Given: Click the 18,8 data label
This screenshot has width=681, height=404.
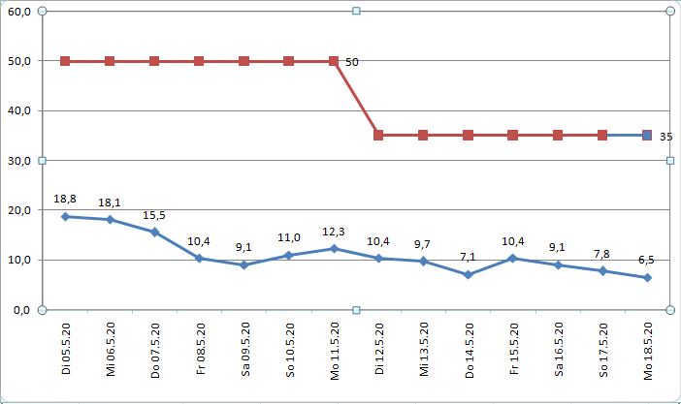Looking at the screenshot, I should [x=65, y=198].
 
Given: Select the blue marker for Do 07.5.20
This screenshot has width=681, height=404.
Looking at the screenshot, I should [x=154, y=233].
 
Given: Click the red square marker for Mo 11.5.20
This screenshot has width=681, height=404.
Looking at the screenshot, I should [x=334, y=61].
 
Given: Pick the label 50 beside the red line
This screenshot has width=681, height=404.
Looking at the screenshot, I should [x=352, y=62].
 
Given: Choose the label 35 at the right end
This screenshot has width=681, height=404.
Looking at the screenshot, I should [x=665, y=137].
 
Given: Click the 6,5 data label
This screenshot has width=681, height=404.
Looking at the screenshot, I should [x=647, y=260].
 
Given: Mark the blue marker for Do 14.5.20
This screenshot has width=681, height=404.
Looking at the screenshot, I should [x=468, y=275].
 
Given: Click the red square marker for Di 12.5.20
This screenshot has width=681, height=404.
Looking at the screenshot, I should [x=378, y=136].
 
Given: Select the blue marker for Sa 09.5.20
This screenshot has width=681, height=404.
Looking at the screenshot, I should [x=243, y=264].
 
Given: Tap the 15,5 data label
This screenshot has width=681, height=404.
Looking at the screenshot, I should [x=154, y=215].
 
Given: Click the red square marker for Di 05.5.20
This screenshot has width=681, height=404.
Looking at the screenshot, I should [x=65, y=61].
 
